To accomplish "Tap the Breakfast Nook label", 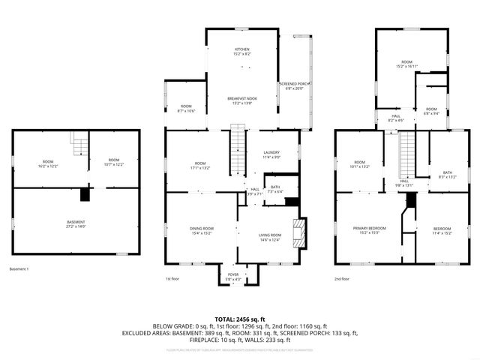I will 241,101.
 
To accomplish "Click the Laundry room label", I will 271,155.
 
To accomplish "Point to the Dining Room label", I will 200,230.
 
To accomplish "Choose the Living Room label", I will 270,238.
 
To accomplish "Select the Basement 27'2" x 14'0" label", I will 76,224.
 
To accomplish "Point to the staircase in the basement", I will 79,140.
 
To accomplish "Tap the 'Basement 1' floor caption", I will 19,268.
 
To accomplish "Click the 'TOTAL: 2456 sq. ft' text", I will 241,319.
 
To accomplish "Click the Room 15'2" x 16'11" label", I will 406,64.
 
